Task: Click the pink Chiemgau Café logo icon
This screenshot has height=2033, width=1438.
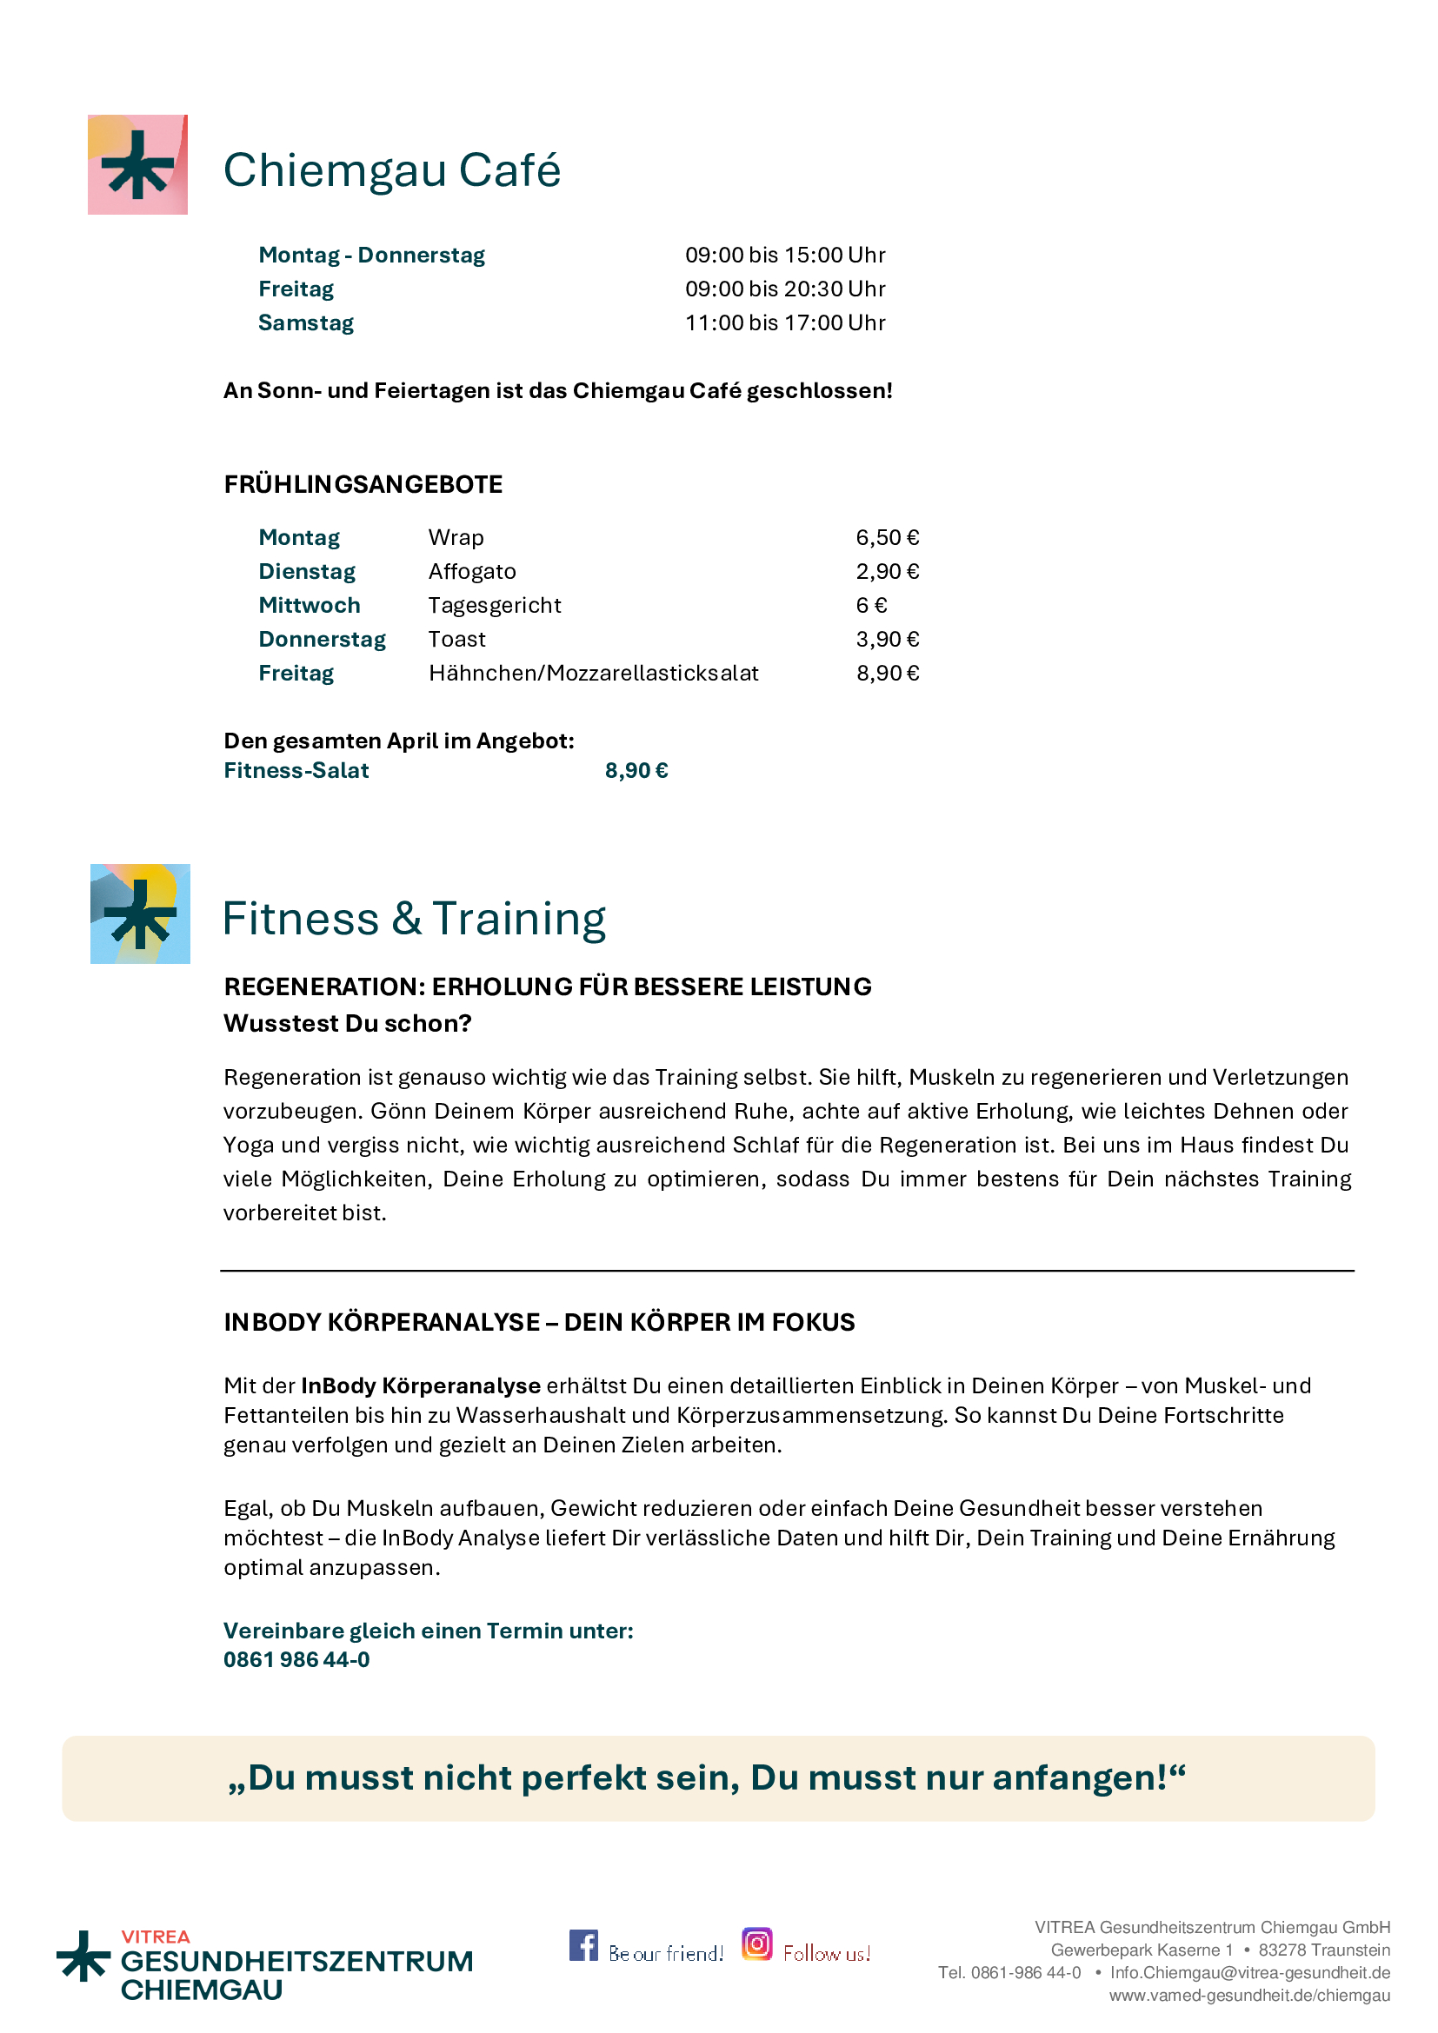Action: click(137, 164)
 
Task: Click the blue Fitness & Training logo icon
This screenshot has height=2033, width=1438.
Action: click(140, 914)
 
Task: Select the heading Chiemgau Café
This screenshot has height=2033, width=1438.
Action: click(391, 170)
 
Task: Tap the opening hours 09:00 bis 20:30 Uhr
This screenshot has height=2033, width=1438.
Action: click(784, 289)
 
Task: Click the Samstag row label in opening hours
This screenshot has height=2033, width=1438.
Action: click(305, 323)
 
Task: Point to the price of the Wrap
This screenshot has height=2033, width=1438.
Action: click(888, 538)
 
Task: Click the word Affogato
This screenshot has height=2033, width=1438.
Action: click(472, 572)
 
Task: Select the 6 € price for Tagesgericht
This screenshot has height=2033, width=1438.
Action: click(871, 606)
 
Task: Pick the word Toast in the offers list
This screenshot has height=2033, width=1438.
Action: click(457, 640)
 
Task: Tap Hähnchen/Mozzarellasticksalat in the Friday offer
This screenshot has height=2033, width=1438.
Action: click(593, 674)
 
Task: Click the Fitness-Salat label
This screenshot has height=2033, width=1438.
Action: click(296, 771)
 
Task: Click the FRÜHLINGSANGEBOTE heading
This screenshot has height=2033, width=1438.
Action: click(363, 485)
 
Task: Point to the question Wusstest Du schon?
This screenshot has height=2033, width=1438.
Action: click(347, 1024)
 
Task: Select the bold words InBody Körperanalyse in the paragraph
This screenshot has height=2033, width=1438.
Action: click(421, 1385)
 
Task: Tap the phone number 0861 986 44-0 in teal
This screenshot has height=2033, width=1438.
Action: click(296, 1659)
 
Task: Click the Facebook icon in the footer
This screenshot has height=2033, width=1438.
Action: click(583, 1945)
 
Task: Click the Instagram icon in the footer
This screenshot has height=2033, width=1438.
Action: click(757, 1943)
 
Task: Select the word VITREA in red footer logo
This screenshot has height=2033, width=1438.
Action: click(156, 1937)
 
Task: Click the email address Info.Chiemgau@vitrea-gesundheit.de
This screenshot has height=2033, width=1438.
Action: click(1249, 1973)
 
